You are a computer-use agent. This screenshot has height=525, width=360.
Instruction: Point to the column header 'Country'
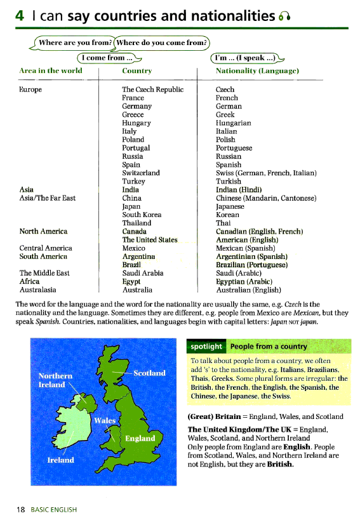[137, 71]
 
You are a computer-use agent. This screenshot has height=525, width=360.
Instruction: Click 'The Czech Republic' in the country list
[152, 90]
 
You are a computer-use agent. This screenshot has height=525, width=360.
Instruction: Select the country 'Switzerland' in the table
[141, 173]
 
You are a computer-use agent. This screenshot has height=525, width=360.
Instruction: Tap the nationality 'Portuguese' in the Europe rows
[234, 148]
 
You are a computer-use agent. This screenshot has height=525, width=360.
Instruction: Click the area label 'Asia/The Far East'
[48, 198]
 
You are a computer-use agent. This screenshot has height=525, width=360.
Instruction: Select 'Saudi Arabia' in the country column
[143, 273]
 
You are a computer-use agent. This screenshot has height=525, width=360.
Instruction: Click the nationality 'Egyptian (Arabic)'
[244, 281]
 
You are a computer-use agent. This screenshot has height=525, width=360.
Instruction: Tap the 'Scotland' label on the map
[149, 373]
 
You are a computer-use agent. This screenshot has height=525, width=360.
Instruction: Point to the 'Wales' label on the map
[105, 420]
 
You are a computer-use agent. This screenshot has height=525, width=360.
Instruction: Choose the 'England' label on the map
[140, 438]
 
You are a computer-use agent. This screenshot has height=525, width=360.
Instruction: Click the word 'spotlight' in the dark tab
[206, 347]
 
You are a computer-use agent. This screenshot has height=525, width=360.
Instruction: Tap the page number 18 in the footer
[20, 509]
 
